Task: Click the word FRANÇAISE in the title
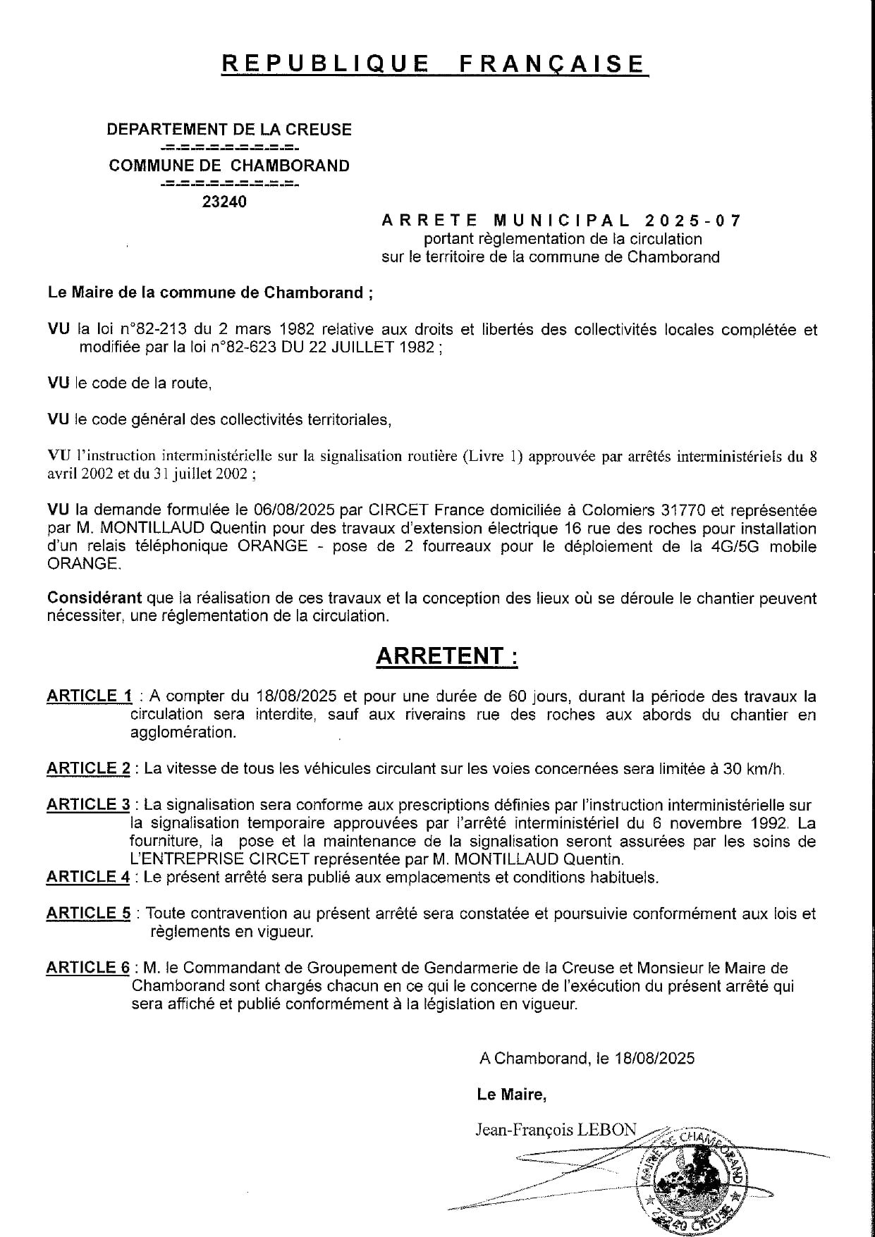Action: click(552, 64)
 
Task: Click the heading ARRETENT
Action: click(447, 656)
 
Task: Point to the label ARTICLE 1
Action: click(90, 696)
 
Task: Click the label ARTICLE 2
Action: click(88, 769)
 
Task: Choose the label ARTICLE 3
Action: click(88, 805)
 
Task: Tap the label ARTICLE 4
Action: click(88, 878)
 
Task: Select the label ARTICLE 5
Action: click(88, 914)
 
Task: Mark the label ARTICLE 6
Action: click(88, 968)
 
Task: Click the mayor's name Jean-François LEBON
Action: click(556, 1130)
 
